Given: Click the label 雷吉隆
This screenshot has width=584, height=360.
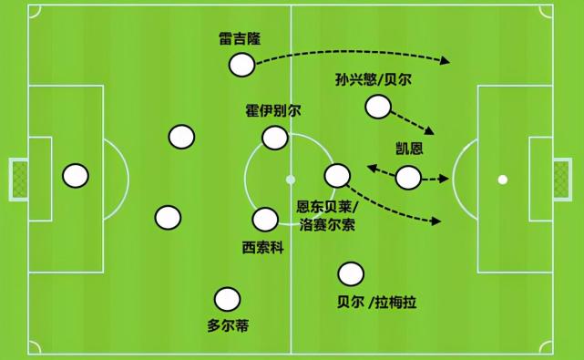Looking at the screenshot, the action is tap(241, 42).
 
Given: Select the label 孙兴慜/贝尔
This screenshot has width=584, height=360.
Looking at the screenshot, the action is tap(374, 80).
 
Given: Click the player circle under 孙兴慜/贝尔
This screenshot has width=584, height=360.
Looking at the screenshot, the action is tap(377, 108).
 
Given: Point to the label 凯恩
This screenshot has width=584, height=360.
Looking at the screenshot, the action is tap(409, 150).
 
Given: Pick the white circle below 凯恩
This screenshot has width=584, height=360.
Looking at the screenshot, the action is tap(408, 178).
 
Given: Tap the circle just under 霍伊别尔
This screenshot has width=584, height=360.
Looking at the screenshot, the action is tap(275, 138).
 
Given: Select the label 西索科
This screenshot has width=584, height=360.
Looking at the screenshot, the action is tap(262, 246).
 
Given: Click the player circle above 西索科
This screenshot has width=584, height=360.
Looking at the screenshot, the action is tap(265, 220).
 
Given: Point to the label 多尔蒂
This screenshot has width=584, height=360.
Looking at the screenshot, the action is tap(228, 325).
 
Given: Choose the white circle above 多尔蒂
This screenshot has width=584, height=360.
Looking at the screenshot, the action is tap(227, 299).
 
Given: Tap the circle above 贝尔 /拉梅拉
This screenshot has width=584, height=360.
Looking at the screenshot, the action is tap(350, 273).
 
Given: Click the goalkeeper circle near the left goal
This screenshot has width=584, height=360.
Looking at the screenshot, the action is tap(76, 175).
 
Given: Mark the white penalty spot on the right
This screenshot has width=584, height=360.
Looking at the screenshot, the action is tap(503, 179).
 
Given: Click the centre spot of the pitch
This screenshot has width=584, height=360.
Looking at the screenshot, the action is tap(291, 179).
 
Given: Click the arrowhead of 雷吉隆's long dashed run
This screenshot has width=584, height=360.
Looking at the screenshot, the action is tap(447, 62).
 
